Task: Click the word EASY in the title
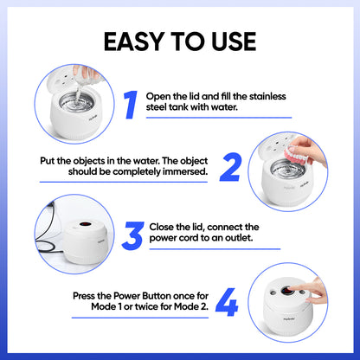(129, 42)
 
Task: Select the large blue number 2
(229, 165)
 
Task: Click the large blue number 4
(227, 305)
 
